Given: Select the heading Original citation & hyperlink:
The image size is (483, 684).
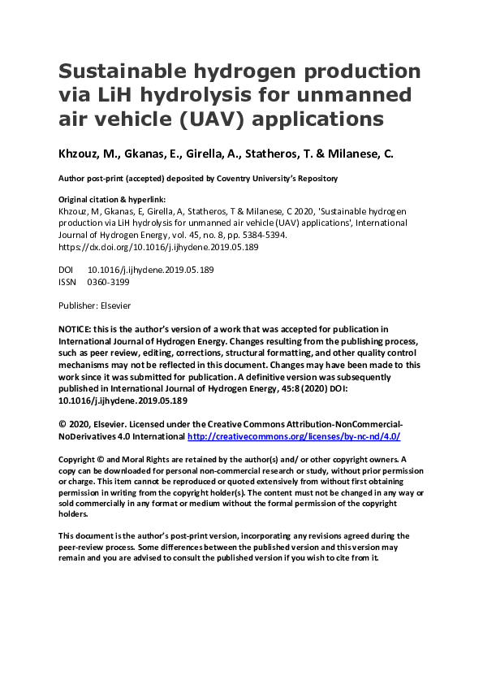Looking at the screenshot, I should tap(108, 199).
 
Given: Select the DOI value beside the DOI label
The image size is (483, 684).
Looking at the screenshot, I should tap(139, 270).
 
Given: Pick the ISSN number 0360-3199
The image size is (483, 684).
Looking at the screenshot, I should tap(108, 282).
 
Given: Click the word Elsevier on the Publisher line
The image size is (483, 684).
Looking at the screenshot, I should tap(114, 306).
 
